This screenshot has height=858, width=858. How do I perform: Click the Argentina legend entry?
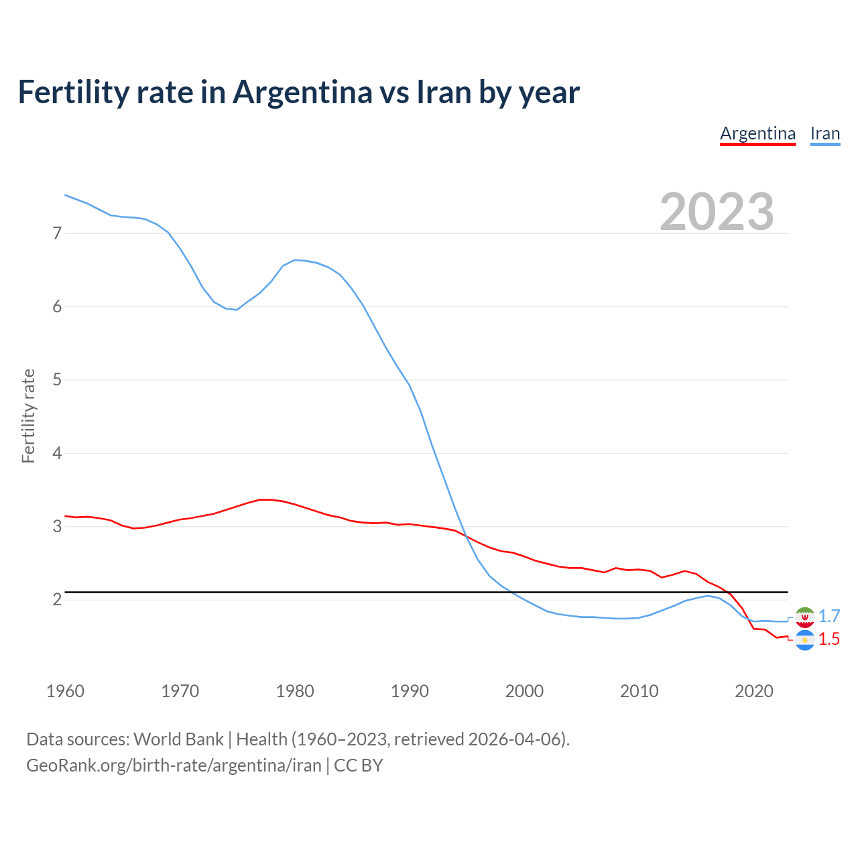click(757, 133)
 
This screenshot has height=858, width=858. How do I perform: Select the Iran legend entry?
click(824, 133)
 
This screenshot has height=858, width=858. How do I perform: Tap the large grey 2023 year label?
click(717, 212)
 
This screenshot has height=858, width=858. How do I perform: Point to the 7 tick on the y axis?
click(57, 233)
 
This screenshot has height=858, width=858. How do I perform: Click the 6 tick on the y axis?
click(57, 307)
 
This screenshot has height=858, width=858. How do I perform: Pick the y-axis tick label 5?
click(57, 380)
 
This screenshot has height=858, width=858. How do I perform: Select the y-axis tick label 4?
click(57, 453)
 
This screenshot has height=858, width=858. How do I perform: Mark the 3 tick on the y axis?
click(57, 527)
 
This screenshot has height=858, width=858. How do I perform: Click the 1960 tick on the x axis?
click(65, 691)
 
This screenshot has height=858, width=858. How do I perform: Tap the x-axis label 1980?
click(295, 691)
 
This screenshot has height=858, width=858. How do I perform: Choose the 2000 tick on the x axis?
click(524, 691)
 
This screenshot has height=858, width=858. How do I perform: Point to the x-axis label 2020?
click(754, 691)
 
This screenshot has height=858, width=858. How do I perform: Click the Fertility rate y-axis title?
click(28, 416)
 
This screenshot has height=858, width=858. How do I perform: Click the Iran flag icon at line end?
click(804, 617)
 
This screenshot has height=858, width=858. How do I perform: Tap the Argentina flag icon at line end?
click(804, 640)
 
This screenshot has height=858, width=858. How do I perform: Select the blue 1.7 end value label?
click(829, 616)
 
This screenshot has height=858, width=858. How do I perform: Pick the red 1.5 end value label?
click(829, 639)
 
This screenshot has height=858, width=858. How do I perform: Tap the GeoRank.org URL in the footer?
click(174, 765)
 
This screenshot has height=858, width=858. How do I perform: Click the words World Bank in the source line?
click(178, 739)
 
